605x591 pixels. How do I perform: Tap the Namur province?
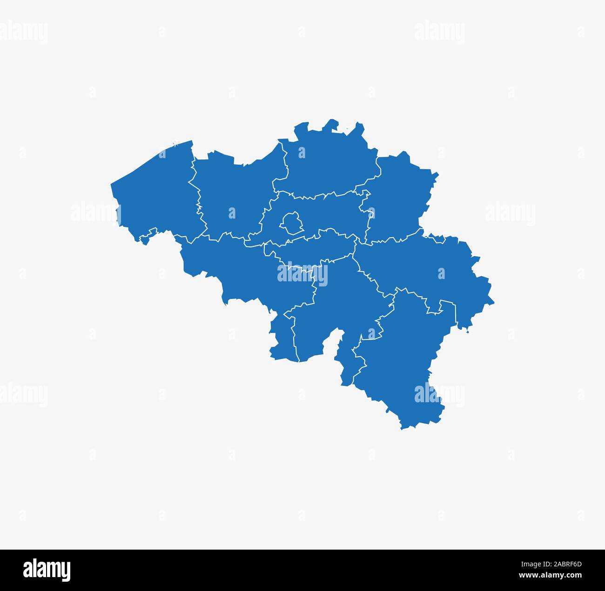tap(335, 302)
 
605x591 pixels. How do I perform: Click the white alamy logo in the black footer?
tap(47, 570)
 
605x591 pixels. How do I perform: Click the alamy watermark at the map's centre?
tap(302, 274)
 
